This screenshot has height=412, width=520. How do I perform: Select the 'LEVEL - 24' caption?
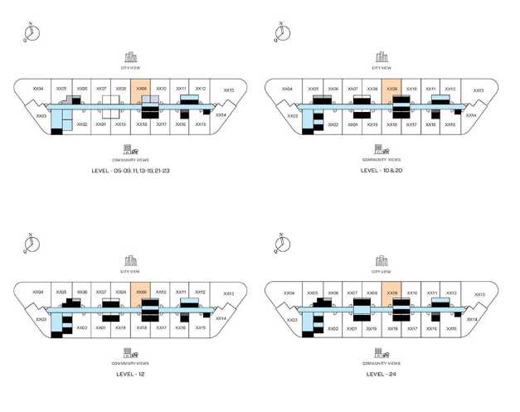pos(381,374)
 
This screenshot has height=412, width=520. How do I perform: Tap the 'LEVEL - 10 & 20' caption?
pos(381,170)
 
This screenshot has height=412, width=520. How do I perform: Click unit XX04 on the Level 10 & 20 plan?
pos(288,89)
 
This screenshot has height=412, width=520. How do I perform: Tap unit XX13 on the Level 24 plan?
pos(478,294)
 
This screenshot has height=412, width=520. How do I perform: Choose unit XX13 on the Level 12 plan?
pos(228,294)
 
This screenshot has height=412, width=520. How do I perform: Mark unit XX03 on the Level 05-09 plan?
pos(41,117)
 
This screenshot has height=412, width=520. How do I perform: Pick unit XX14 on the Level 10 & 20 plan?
pos(471,115)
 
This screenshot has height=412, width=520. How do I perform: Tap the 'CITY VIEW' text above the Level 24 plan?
pos(381,271)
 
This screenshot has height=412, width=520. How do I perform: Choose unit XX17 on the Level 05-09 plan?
pos(162,124)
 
